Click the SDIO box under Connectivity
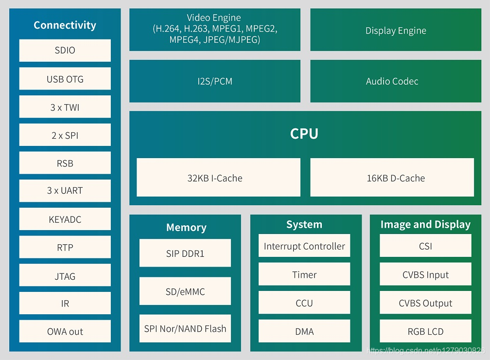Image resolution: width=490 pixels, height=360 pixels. coord(65,51)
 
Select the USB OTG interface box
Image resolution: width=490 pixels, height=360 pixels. coord(65,79)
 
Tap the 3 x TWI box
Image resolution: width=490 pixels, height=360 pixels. coord(65,107)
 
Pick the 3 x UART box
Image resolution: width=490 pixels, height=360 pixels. coord(65,191)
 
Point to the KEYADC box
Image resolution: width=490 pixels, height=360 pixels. coord(65,219)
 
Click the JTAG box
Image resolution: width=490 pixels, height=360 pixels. coord(65,276)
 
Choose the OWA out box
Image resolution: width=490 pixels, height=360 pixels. coord(65,331)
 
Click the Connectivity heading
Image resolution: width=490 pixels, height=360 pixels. coord(65,25)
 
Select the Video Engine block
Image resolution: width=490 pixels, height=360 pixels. coord(214,29)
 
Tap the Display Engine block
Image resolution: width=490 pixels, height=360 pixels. coord(396,31)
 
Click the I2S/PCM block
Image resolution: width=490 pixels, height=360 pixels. coord(214,81)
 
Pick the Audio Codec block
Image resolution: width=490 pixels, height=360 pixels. coord(392,81)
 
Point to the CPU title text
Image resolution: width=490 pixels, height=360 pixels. coord(304,134)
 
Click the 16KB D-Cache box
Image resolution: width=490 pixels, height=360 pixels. coord(392,178)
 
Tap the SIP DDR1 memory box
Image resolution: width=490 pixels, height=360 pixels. coord(185,253)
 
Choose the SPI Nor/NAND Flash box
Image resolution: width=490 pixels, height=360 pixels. coord(185,329)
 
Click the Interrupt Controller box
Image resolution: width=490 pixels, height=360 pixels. coord(304,246)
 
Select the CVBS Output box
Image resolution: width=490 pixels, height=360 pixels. coord(425,303)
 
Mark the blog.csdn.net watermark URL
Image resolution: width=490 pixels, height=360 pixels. coord(426,350)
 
